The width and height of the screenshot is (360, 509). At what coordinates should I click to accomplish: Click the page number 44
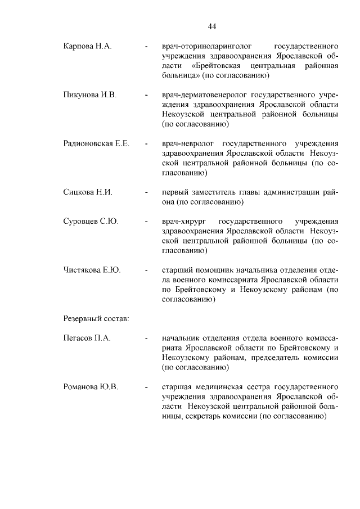pos(211,26)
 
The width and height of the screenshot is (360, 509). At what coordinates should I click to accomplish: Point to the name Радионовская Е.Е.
pos(96,143)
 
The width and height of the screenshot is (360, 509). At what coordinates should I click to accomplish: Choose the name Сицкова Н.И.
pos(88,192)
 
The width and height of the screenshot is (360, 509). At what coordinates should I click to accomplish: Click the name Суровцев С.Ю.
pos(91,221)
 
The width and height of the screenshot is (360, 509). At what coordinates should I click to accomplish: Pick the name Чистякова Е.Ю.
pos(92,270)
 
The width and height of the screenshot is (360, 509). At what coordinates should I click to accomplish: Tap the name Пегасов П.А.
pos(87,339)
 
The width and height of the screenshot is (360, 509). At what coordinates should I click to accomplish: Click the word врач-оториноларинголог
pos(205,46)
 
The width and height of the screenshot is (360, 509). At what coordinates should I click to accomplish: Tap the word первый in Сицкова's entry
pos(174,192)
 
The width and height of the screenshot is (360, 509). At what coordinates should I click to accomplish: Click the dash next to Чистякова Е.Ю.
pos(146,271)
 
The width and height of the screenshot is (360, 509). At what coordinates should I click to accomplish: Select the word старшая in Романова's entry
pos(177,388)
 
